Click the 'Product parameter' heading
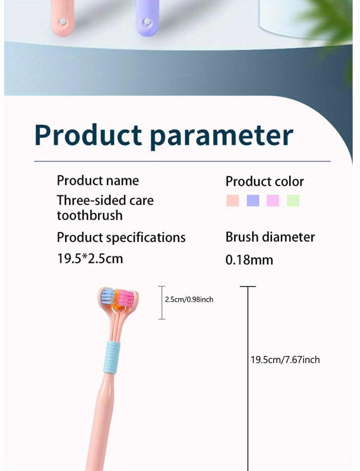[164, 136]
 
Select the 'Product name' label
[98, 181]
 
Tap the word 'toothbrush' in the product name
[90, 215]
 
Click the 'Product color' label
[265, 182]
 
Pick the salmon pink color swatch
[232, 200]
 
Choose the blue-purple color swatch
[253, 200]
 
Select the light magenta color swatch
[273, 200]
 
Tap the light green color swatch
[293, 200]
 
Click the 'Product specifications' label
[121, 238]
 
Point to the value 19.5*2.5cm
[90, 259]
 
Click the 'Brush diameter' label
[270, 237]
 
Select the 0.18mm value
[249, 260]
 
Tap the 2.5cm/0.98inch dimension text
[189, 300]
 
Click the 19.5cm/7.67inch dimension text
[285, 360]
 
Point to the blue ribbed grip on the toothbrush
[112, 357]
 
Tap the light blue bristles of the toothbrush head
[108, 297]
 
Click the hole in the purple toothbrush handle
[147, 21]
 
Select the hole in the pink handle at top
[62, 21]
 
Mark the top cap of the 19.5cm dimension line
[248, 286]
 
